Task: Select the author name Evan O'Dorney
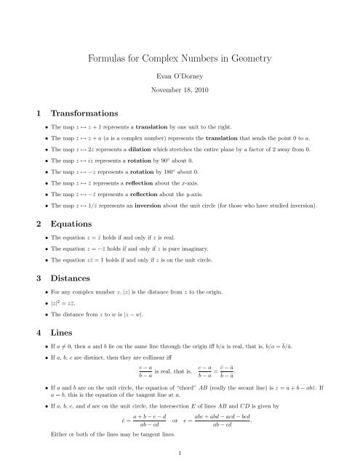coord(180,76)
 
